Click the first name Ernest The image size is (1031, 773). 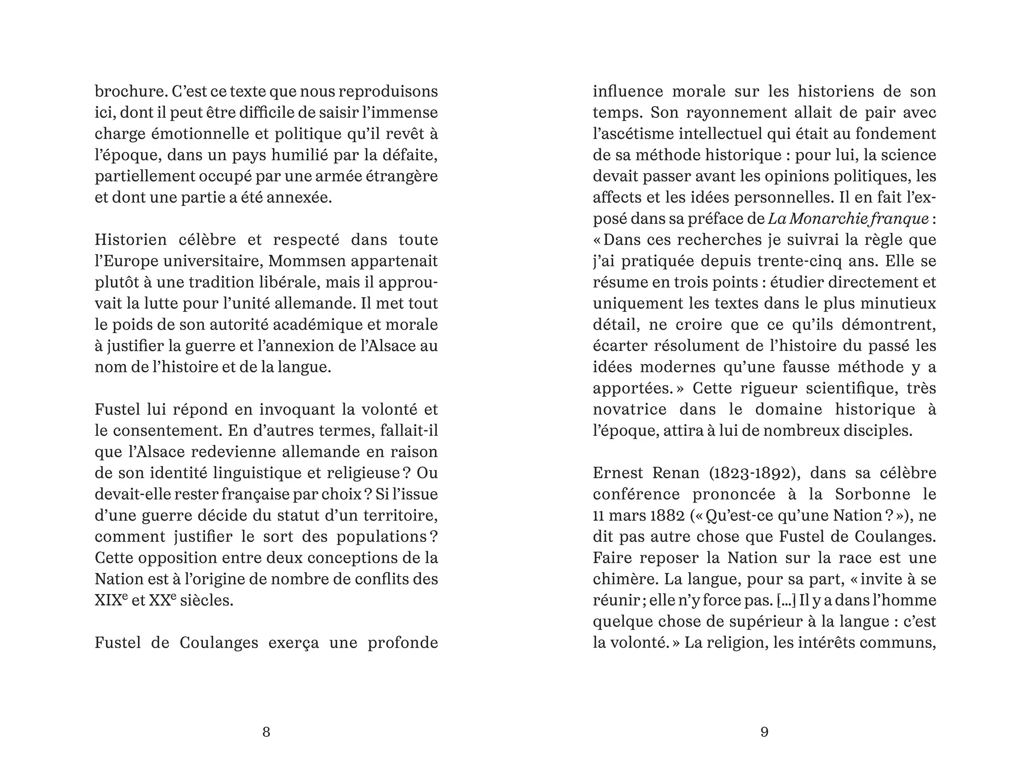(x=618, y=473)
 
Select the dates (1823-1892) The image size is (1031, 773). (x=755, y=473)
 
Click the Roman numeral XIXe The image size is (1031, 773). (x=111, y=600)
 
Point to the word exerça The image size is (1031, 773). (x=294, y=643)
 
